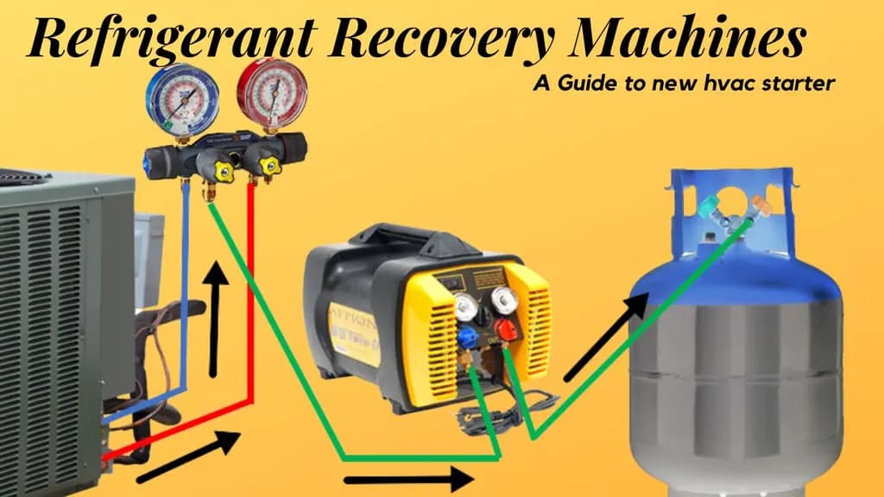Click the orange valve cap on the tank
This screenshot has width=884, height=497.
[762, 207]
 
